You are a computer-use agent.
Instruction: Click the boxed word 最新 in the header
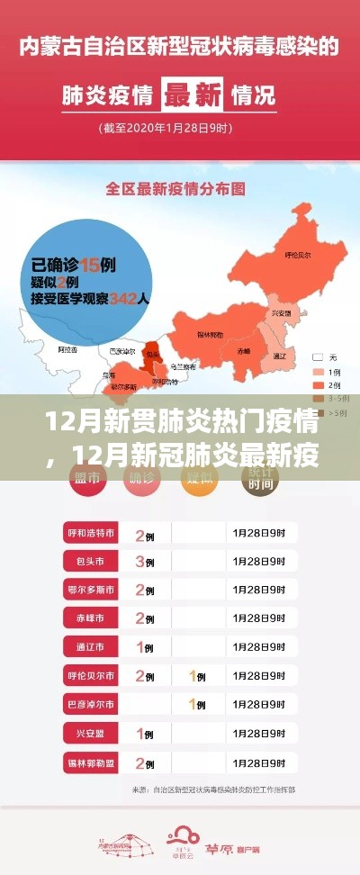click(x=192, y=93)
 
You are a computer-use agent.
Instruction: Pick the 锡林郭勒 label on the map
click(x=212, y=333)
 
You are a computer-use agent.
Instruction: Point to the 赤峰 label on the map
click(x=244, y=348)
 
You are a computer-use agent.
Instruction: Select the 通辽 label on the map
click(x=278, y=356)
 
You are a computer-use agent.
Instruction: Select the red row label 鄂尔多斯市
click(x=89, y=591)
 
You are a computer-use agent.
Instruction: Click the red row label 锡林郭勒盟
click(x=89, y=762)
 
